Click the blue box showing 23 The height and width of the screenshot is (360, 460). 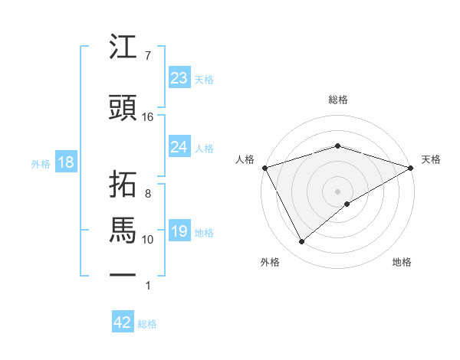coord(179,77)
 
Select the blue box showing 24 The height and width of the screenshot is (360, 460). coord(179,146)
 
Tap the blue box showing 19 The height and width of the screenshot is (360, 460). coord(179,231)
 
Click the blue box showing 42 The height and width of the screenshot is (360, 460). coord(123,322)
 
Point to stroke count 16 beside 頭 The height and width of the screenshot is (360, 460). coord(148,116)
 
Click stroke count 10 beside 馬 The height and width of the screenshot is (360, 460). coord(148,240)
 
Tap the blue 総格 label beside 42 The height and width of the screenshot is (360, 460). coord(147,324)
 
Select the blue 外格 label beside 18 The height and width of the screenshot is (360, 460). coord(41,163)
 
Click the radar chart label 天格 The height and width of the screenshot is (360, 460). coord(431,159)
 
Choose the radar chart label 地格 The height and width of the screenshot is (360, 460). coord(402,262)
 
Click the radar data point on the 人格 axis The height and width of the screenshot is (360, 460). coord(264,167)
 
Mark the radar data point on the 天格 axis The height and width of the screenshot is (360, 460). coord(411,167)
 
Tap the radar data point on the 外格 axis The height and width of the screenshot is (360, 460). coord(301,241)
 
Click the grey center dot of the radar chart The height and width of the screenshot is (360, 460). coord(337,191)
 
